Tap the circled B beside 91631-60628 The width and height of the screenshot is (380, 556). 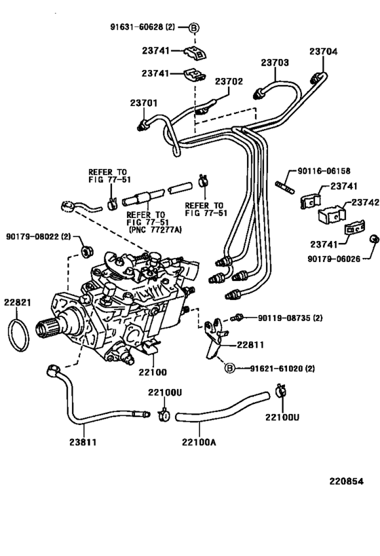click(193, 28)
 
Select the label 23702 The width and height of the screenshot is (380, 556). click(229, 81)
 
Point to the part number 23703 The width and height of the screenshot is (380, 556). click(275, 62)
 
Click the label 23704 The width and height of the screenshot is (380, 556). click(323, 51)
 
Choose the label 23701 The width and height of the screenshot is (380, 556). click(143, 103)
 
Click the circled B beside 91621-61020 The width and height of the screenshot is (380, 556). click(229, 369)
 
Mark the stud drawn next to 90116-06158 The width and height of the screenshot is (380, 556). click(282, 183)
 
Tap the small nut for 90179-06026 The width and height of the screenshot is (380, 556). click(373, 239)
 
